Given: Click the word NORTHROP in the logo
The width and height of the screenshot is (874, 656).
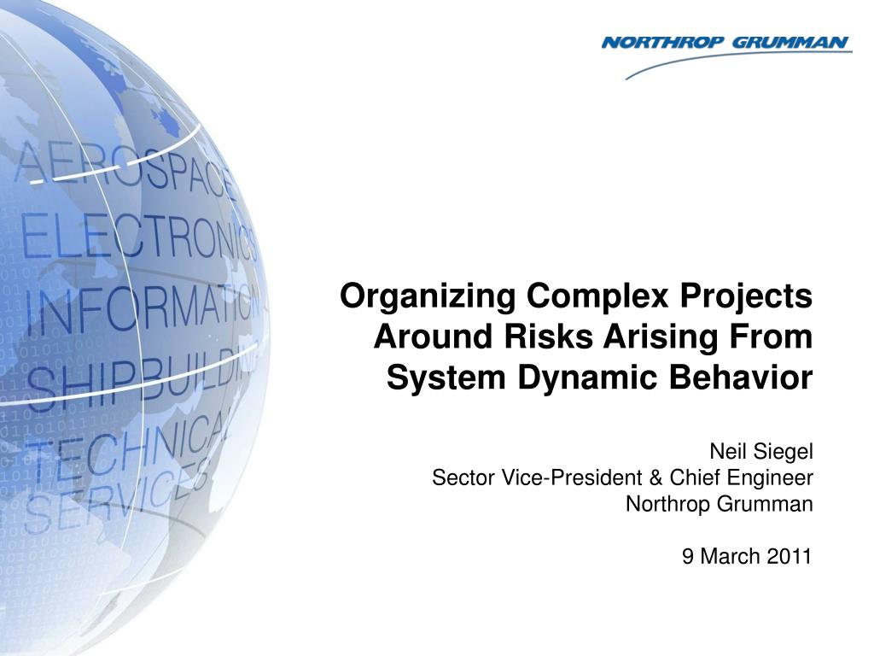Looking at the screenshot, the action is (x=662, y=43).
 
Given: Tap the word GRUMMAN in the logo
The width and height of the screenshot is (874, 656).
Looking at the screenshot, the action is (x=790, y=43).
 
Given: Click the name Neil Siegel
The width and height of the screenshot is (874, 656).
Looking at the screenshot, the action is (x=761, y=451).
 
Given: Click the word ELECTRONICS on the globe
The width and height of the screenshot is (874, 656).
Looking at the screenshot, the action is (x=139, y=240).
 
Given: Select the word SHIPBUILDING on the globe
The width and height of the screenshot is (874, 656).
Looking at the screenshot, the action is (x=143, y=375).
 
